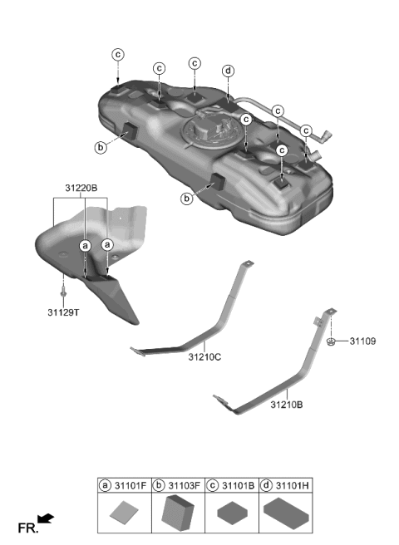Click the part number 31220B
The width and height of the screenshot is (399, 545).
coord(80,189)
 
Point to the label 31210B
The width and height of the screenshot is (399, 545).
coord(286,405)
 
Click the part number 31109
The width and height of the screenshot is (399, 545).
coord(362,341)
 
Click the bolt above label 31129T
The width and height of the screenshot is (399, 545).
coord(63,292)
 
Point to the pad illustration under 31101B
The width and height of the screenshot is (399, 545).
coord(232,515)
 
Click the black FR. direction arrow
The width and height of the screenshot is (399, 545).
coord(47,519)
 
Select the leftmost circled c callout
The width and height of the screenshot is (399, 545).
coord(117,54)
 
